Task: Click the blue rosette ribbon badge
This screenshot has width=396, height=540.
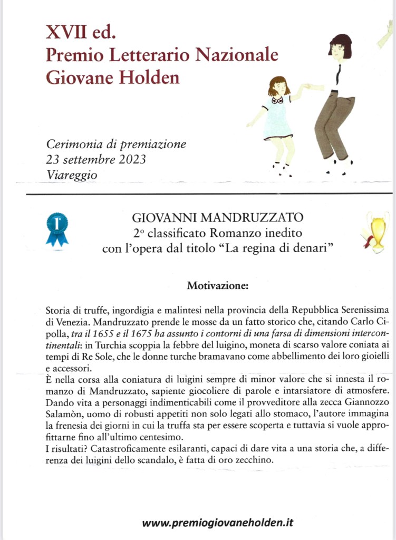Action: [x=57, y=228]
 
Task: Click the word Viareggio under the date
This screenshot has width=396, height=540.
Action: [x=72, y=175]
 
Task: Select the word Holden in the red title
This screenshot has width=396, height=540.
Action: [x=153, y=78]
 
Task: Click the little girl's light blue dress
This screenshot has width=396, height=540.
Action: [x=277, y=119]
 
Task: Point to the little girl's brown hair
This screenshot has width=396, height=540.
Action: [x=278, y=84]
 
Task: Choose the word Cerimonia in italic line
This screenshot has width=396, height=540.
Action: [x=71, y=144]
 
